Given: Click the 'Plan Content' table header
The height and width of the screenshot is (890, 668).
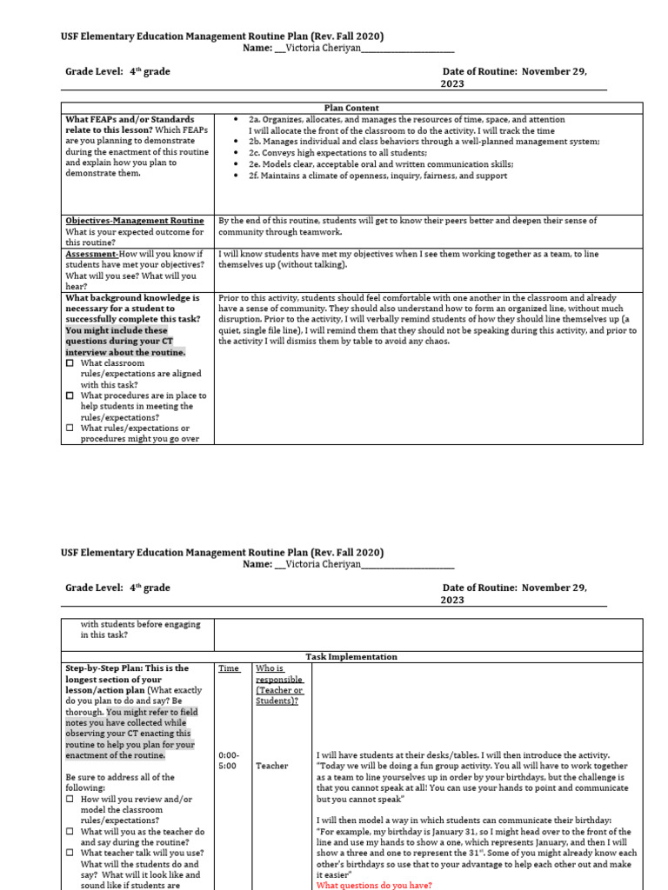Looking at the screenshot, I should pyautogui.click(x=351, y=108).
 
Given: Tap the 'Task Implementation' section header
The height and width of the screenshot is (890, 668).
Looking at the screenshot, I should pyautogui.click(x=351, y=657).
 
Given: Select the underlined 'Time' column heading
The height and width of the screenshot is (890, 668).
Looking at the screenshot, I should pyautogui.click(x=229, y=668).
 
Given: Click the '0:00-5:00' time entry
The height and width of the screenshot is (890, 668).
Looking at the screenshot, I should pyautogui.click(x=229, y=760).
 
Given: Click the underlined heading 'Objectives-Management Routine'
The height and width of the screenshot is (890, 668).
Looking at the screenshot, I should pyautogui.click(x=135, y=221).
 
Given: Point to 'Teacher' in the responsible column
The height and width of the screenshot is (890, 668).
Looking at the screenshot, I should pyautogui.click(x=272, y=766).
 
